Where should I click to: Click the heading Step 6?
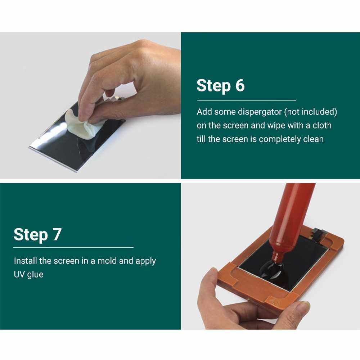(221, 86)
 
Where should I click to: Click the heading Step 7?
(38, 235)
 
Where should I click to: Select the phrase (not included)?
(311, 112)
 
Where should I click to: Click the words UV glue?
(28, 275)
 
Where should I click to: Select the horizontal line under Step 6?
(247, 100)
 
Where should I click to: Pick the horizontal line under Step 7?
(73, 247)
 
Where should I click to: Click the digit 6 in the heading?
(240, 85)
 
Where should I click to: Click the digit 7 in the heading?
(57, 234)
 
